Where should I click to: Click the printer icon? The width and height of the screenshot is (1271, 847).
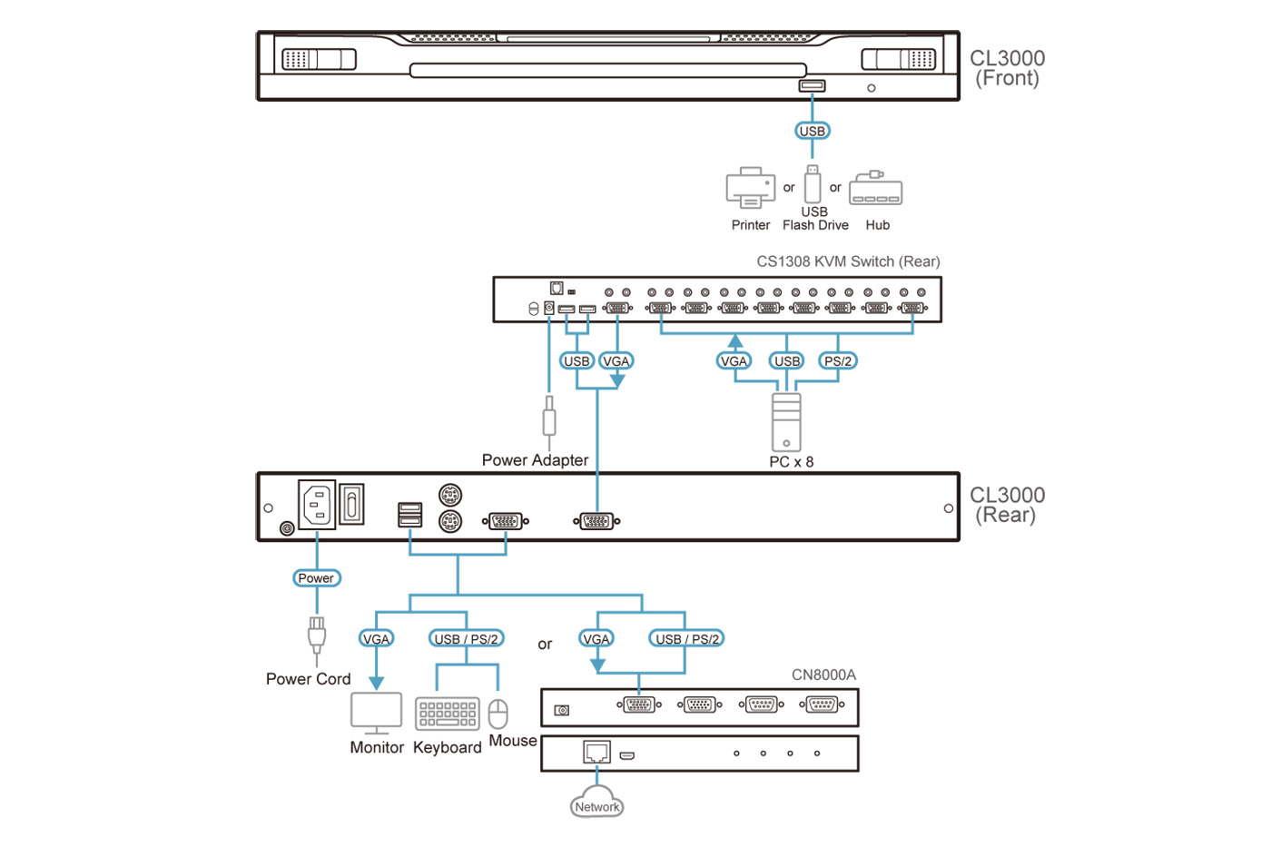[x=750, y=187]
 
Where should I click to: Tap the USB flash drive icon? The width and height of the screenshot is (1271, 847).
[x=813, y=184]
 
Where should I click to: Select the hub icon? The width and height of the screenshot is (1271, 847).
[x=875, y=190]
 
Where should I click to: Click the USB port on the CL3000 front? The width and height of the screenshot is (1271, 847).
[x=812, y=86]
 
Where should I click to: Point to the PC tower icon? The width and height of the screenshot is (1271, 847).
[x=786, y=422]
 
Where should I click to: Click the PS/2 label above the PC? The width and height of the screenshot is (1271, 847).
[x=837, y=361]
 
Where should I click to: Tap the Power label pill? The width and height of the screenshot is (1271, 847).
[x=316, y=578]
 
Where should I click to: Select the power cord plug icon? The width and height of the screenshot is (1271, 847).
[x=316, y=635]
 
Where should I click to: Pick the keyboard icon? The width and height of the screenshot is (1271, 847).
[x=447, y=714]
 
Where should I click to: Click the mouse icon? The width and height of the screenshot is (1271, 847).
[x=498, y=714]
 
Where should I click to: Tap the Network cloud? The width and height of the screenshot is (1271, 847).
[x=596, y=803]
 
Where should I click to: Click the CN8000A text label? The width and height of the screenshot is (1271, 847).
[x=823, y=675]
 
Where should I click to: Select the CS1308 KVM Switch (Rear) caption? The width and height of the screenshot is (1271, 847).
[x=848, y=261]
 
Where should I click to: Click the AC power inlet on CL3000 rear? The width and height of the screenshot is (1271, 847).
[x=317, y=505]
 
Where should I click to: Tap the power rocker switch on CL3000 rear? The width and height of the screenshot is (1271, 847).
[x=352, y=504]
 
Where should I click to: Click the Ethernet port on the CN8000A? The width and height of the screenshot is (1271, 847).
[x=596, y=753]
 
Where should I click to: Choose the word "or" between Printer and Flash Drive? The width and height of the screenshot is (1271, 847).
[x=789, y=188]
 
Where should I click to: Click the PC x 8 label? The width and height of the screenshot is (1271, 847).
[x=791, y=462]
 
